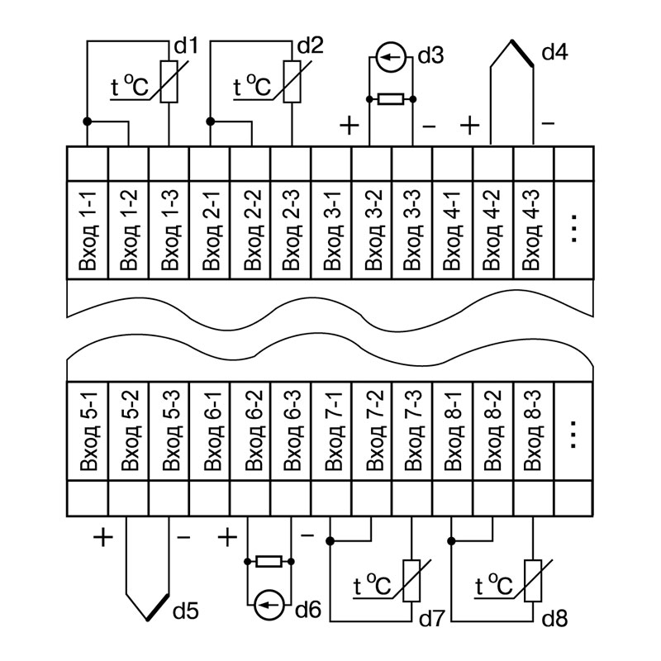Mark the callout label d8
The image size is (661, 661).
[x=554, y=618]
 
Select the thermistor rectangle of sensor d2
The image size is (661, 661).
[x=291, y=81]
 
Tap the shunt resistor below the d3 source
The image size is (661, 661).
[x=390, y=100]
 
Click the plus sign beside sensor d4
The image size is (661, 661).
[x=469, y=126]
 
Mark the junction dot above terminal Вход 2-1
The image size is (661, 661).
[x=210, y=121]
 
